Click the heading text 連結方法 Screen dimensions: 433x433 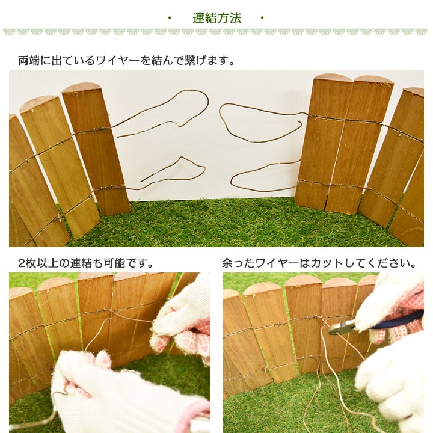click(x=216, y=18)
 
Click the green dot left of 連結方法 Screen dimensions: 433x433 click(x=170, y=18)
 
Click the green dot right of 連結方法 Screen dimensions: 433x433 click(x=263, y=18)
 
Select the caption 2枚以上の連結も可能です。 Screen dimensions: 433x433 click(x=86, y=263)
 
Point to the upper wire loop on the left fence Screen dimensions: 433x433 click(x=180, y=108)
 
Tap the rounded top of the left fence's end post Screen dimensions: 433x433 click(x=81, y=88)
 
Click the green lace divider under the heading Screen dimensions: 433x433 click(x=216, y=32)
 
